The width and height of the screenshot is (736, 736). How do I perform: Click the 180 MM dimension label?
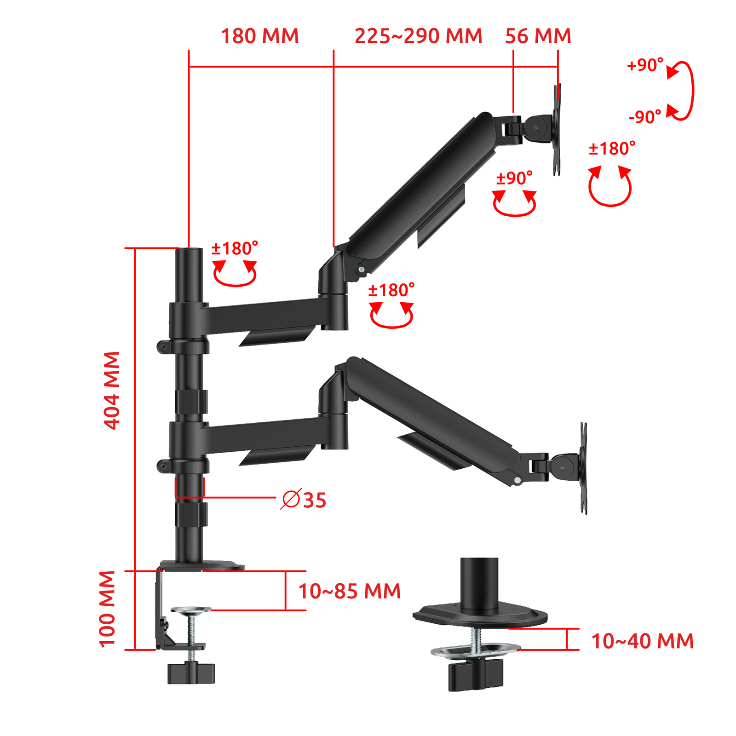coord(260,36)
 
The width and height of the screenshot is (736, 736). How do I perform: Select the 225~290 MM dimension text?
coord(418,36)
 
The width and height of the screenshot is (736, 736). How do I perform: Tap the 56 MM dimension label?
coord(538,36)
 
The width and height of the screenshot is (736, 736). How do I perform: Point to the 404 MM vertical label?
coord(112,391)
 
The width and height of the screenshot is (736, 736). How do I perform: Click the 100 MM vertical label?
coord(107,609)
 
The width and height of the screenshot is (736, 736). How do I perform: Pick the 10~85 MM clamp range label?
coord(349,591)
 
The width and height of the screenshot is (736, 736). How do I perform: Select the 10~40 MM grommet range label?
coord(642,641)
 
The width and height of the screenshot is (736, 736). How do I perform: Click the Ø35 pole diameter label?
coord(304,500)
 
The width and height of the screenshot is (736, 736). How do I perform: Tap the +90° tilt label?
coord(645,65)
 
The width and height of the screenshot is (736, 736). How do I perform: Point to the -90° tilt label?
coord(645,117)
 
